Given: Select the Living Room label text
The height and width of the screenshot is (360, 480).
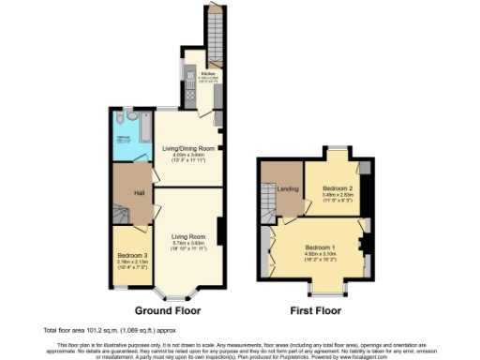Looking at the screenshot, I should click(188, 237).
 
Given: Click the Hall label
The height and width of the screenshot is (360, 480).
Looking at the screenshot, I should click(138, 193).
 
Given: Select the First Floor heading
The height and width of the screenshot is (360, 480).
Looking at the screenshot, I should click(316, 310).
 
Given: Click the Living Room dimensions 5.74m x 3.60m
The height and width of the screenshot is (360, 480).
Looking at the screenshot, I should click(188, 244).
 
